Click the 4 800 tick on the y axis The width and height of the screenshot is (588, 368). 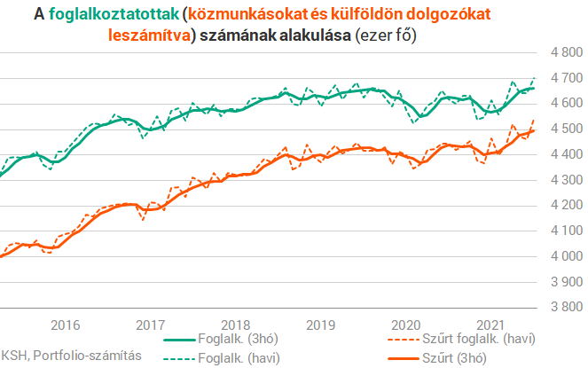[565, 53]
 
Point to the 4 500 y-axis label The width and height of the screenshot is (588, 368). [565, 129]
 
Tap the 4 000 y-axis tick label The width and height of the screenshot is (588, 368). [565, 257]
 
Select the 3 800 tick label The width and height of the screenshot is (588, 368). [565, 308]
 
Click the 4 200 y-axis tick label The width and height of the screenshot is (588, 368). [565, 206]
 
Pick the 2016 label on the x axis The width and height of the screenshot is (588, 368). [67, 324]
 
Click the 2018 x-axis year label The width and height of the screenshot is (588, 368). [236, 324]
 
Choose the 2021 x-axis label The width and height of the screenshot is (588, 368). [490, 324]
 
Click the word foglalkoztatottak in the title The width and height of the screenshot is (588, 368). [114, 15]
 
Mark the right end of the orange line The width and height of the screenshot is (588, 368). [534, 130]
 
